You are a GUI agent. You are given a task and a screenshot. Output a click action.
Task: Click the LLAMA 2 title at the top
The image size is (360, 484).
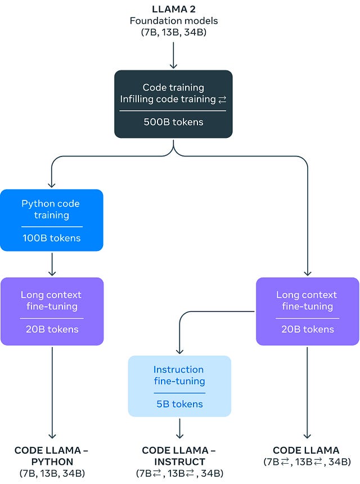tap(173, 9)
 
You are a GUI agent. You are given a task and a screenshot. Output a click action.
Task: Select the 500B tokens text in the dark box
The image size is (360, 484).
tap(173, 122)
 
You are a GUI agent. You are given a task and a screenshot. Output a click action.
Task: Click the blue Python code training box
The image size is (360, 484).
tap(52, 219)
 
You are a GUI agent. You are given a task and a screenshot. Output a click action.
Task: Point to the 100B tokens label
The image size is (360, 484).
tap(52, 238)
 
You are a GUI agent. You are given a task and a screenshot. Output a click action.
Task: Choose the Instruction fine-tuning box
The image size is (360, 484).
tap(179, 386)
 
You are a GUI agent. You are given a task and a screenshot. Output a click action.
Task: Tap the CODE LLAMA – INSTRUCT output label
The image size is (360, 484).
tap(179, 455)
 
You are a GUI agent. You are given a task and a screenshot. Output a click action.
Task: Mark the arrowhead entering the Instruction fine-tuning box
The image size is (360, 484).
tap(179, 351)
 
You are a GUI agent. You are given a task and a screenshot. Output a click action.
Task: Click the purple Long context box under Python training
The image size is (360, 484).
tap(52, 311)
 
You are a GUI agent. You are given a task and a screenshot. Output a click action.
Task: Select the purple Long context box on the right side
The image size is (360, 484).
tap(307, 311)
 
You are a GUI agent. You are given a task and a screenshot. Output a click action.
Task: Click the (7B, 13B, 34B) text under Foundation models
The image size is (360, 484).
tap(173, 33)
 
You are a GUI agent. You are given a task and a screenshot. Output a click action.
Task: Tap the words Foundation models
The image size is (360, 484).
tap(173, 21)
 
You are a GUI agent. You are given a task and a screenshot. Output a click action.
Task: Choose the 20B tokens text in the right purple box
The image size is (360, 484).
tap(307, 329)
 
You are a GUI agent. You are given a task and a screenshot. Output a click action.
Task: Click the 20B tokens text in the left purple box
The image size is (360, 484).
tap(52, 329)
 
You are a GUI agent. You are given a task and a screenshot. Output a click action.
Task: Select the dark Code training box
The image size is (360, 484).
tap(173, 104)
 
